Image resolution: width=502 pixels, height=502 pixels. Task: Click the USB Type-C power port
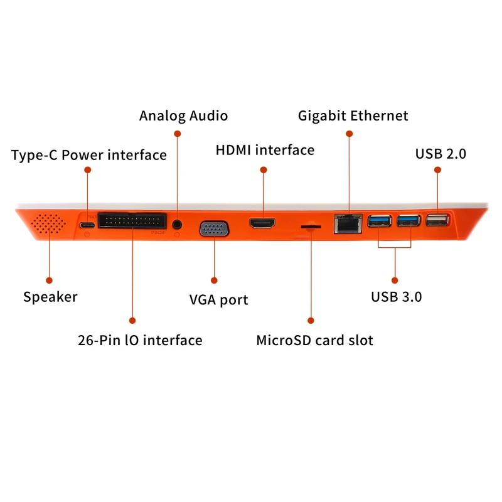point(87,225)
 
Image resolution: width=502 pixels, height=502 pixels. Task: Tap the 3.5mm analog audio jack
point(177,224)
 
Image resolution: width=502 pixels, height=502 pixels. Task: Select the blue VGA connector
point(214,229)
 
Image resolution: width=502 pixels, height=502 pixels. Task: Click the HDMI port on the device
point(262,223)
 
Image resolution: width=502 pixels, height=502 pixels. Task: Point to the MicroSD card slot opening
point(311,227)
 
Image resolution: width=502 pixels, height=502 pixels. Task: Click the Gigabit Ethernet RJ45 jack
point(348,224)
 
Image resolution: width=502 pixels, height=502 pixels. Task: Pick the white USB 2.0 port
point(437,220)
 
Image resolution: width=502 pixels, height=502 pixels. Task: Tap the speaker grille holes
point(48,223)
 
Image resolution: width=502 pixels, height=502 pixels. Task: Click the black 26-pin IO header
point(132,220)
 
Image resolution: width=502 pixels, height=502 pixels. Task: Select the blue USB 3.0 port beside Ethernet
point(380,221)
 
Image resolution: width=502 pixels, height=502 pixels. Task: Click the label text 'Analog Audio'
point(183,116)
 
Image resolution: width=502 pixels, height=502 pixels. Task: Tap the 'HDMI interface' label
point(265,150)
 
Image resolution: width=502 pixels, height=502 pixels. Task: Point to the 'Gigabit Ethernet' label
point(353,116)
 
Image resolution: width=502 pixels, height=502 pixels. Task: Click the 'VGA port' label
point(218,300)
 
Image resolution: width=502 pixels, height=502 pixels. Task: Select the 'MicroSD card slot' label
point(315,340)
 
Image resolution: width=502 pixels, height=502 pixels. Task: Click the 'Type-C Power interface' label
point(89,155)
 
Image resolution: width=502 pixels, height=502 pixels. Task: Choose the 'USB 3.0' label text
point(397,297)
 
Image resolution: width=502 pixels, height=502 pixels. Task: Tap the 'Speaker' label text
point(50,297)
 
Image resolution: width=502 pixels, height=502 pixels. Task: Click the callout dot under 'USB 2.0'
point(437,169)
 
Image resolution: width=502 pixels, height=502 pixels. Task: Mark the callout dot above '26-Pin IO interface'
point(132,321)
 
